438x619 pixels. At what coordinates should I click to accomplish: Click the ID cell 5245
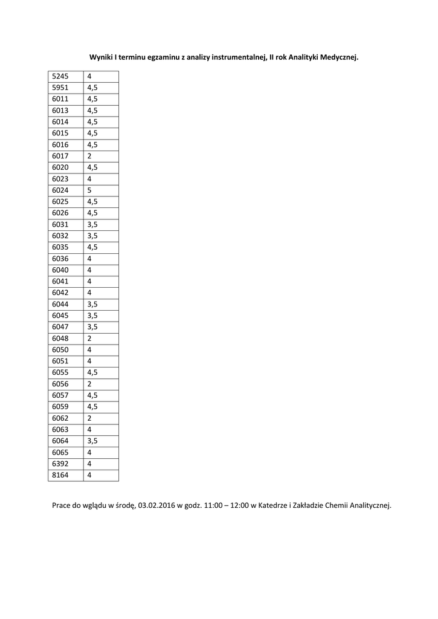coord(60,77)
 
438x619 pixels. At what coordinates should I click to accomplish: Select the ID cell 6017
coord(60,156)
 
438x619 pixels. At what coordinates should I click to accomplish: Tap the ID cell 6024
coord(60,190)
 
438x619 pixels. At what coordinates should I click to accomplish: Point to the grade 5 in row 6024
coord(89,190)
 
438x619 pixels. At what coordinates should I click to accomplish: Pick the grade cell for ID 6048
coord(89,339)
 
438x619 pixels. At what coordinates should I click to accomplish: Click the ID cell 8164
coord(60,475)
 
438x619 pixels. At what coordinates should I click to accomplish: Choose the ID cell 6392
coord(60,464)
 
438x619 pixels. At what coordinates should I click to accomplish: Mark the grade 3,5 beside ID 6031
coord(92,224)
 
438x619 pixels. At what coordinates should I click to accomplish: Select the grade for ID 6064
coord(92,441)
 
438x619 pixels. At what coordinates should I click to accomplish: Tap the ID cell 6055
coord(60,372)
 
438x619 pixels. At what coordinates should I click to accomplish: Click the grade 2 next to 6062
coord(89,418)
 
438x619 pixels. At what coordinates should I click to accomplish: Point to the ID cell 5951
coord(60,88)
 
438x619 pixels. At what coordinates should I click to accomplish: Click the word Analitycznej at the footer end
coord(370,505)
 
